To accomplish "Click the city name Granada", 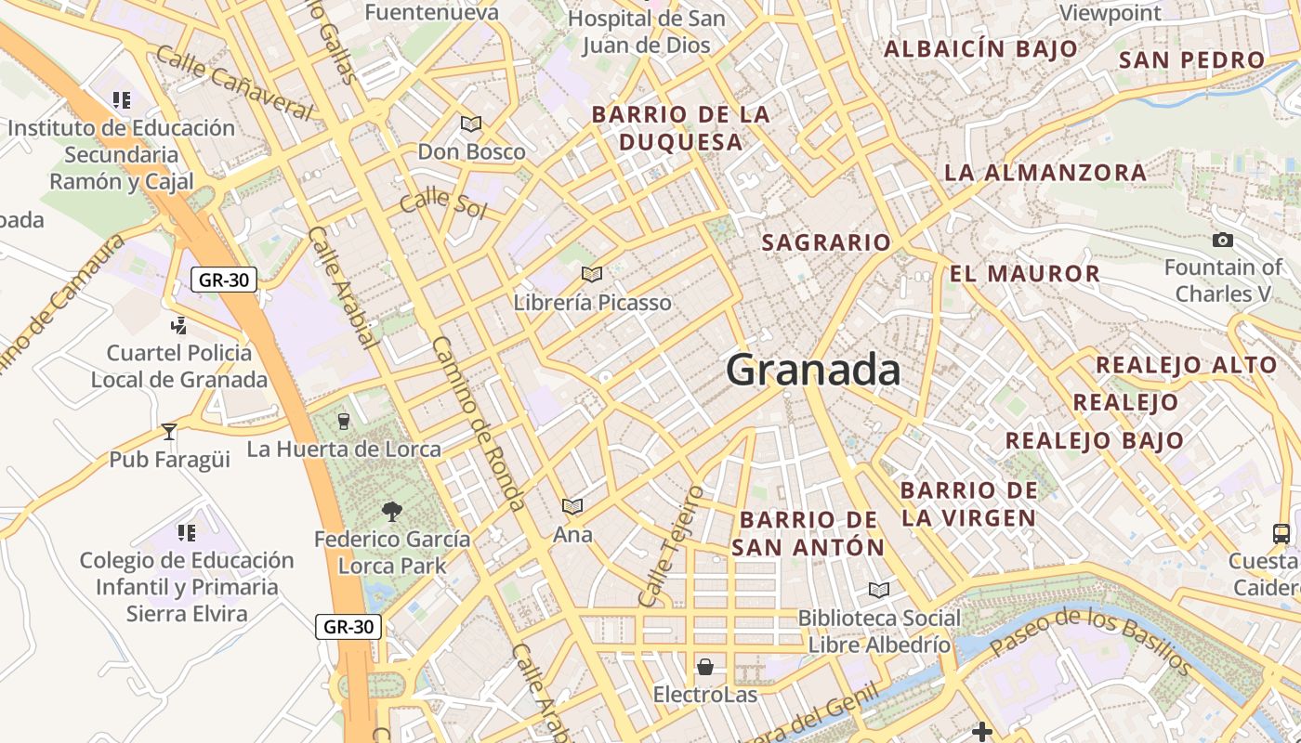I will tap(813, 371).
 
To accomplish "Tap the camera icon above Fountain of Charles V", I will tap(1223, 241).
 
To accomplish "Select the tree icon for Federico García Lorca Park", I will tap(391, 511).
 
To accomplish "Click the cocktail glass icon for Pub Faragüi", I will tap(169, 431).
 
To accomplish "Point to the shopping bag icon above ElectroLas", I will tap(705, 667).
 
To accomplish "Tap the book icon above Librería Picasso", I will tap(592, 274).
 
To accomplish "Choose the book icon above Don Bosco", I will tap(471, 124).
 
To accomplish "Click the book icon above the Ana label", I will tap(572, 506).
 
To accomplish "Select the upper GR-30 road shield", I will tap(224, 280).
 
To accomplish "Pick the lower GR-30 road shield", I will tap(348, 627).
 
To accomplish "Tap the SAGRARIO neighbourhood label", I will tap(826, 243).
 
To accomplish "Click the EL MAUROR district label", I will tap(1025, 274).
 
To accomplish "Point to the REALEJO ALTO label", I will tap(1187, 365).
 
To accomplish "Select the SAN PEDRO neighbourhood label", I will tap(1192, 60).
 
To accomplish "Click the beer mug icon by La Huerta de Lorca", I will tap(344, 422).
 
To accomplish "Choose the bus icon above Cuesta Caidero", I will tap(1281, 533).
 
